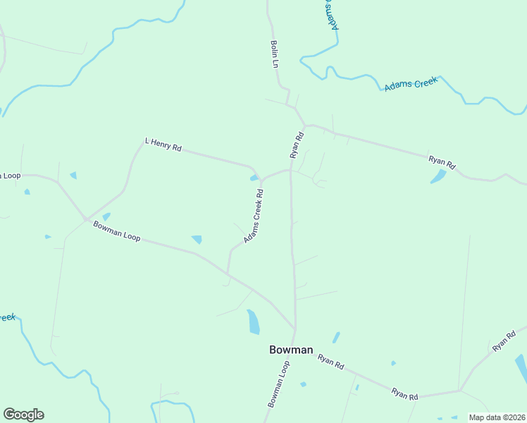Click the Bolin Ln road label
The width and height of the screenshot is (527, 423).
tap(275, 54)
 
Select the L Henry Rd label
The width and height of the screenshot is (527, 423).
tap(163, 145)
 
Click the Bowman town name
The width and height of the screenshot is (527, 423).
tap(291, 350)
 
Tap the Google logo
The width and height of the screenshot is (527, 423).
tap(23, 415)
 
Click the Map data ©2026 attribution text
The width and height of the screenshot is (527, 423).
tap(497, 417)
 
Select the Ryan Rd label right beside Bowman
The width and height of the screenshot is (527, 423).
tap(330, 362)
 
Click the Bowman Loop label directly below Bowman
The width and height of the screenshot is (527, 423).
tap(279, 384)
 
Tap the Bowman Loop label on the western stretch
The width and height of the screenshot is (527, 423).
tap(117, 231)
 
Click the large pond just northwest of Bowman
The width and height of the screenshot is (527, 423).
tap(253, 321)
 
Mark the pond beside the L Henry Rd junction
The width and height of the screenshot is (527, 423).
tap(254, 178)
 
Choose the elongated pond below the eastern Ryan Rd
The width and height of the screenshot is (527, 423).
tap(439, 176)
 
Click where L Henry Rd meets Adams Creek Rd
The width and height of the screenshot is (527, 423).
tap(261, 179)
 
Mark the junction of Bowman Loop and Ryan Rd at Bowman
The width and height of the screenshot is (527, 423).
tap(294, 329)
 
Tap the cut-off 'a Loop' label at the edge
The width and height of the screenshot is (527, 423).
tap(10, 176)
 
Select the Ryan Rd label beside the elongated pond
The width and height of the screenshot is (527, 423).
tap(442, 161)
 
